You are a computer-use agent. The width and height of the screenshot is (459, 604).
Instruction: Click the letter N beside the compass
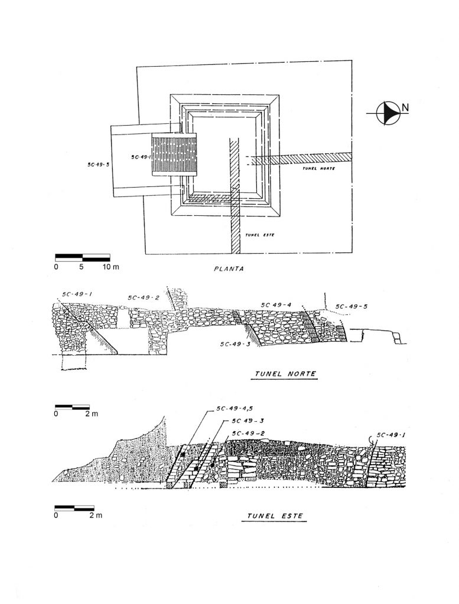tap(405, 107)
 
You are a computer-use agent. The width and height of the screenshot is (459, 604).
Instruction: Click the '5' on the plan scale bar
tap(82, 267)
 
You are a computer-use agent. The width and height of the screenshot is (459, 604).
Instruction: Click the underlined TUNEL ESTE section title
tap(274, 516)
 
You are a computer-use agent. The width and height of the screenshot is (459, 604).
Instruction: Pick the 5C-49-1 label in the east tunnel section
tap(390, 435)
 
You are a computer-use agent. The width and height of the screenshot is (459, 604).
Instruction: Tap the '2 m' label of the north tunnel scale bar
tap(90, 413)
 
